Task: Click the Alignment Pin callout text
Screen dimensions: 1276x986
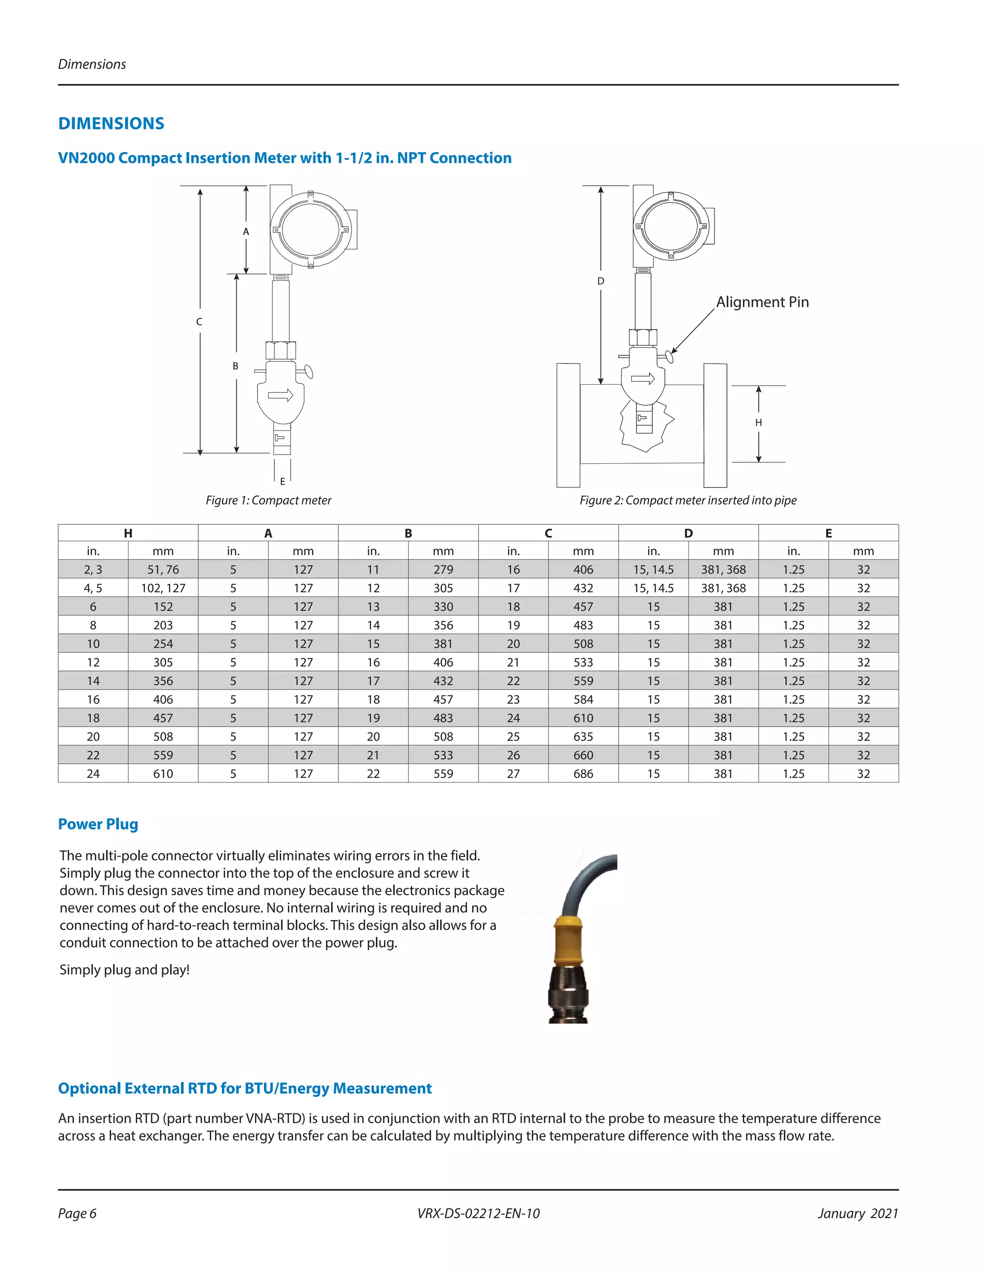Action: (762, 302)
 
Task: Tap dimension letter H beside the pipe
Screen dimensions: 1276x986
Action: (758, 422)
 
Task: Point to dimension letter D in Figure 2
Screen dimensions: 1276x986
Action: (600, 281)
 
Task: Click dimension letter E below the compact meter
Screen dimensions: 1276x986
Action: (283, 482)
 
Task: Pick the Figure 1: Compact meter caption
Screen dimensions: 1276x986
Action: (268, 500)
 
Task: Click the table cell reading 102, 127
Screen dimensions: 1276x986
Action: (163, 588)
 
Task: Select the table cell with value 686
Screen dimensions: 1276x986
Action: (583, 774)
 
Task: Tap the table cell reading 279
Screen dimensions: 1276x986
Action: (443, 570)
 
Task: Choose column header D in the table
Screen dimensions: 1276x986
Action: (688, 533)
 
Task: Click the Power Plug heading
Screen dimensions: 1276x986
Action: (98, 824)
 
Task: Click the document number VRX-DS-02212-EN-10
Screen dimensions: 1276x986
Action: (479, 1213)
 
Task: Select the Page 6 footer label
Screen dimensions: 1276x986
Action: (77, 1213)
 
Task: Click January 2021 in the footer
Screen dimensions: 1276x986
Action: (857, 1213)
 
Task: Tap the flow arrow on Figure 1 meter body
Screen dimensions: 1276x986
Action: (280, 395)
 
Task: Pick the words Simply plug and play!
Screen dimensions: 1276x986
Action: (124, 970)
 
